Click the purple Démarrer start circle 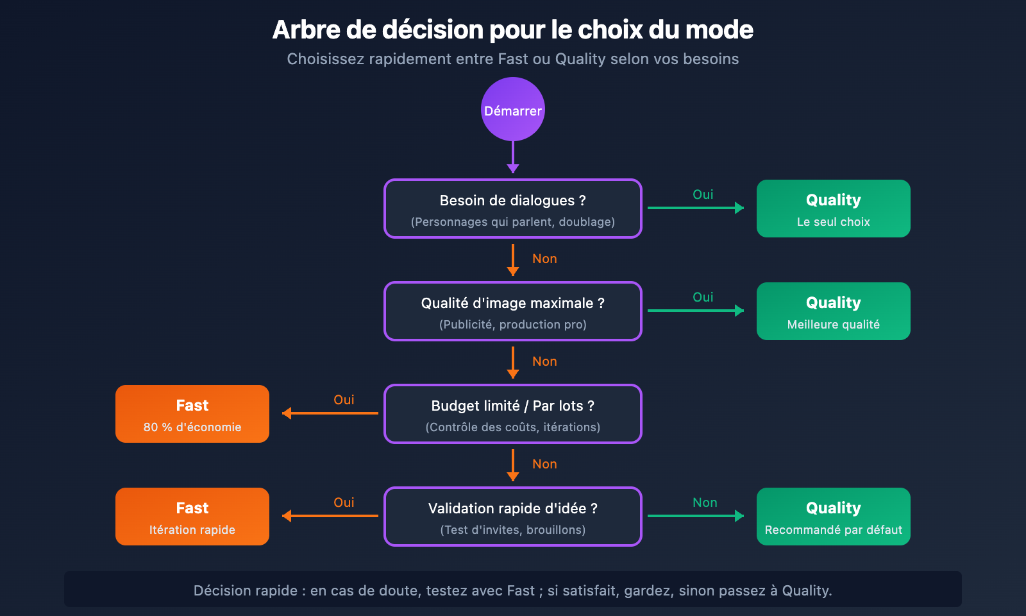[513, 109]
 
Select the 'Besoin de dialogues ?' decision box [513, 209]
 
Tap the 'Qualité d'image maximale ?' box [513, 311]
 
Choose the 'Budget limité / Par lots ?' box [513, 414]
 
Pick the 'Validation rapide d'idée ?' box [513, 517]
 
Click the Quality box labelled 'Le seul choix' [834, 209]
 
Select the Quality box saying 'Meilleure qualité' [834, 311]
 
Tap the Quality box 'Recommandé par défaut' [834, 517]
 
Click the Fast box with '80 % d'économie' [192, 414]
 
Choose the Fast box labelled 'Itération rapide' [192, 517]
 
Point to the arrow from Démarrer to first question [513, 157]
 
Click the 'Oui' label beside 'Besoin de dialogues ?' [703, 194]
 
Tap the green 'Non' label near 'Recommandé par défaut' [705, 502]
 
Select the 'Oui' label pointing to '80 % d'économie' [344, 400]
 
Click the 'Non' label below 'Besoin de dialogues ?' [544, 259]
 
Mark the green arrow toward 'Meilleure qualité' [696, 311]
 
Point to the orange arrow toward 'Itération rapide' [330, 516]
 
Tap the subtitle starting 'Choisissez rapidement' [513, 59]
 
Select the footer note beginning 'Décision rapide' [513, 590]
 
